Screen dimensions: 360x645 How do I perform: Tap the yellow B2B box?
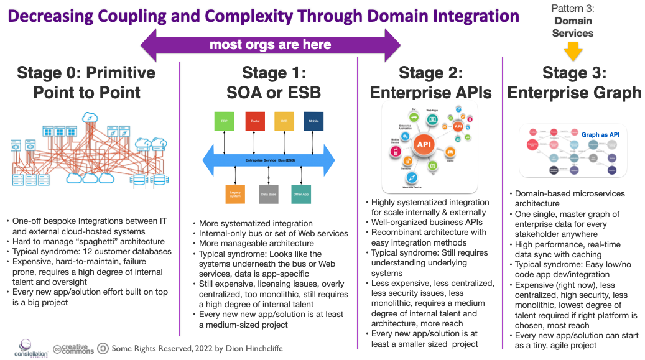pos(284,121)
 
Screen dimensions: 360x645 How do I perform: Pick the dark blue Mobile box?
pos(314,121)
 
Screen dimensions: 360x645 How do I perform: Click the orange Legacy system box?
pos(235,195)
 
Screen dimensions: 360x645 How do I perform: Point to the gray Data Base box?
pos(268,195)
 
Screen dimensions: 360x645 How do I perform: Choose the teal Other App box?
pos(301,195)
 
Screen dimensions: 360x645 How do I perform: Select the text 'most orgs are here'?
pos(270,45)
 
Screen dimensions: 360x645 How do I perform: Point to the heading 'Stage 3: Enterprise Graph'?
pos(573,82)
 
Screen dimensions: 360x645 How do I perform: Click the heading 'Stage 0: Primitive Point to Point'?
pos(86,82)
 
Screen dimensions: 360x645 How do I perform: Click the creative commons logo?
pos(73,348)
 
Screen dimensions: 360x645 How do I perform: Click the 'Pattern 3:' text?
pos(573,8)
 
